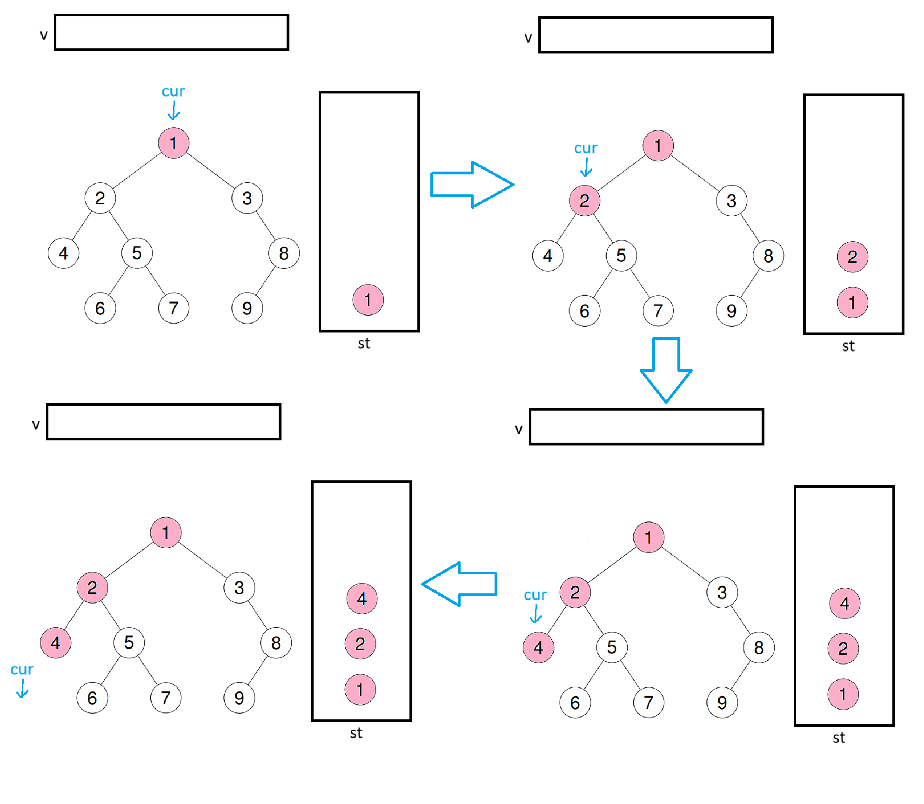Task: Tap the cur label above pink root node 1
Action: pos(173,92)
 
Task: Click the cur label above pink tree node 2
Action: pos(585,148)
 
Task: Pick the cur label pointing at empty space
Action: pos(22,670)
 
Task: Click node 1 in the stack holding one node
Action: pos(368,300)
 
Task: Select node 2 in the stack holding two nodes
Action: pos(852,257)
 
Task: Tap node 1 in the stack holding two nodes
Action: pos(852,303)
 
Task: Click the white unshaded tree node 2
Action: pos(100,198)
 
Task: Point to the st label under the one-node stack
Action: pos(364,344)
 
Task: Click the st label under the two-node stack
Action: pos(848,346)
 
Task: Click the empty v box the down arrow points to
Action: pos(646,427)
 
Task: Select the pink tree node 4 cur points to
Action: pos(538,647)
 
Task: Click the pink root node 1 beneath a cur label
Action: pos(174,143)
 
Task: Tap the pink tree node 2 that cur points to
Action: pos(584,201)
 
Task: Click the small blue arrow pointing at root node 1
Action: pos(174,111)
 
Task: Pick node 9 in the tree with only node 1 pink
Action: pos(247,308)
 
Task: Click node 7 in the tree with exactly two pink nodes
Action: pos(658,311)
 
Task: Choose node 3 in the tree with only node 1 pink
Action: pos(247,198)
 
